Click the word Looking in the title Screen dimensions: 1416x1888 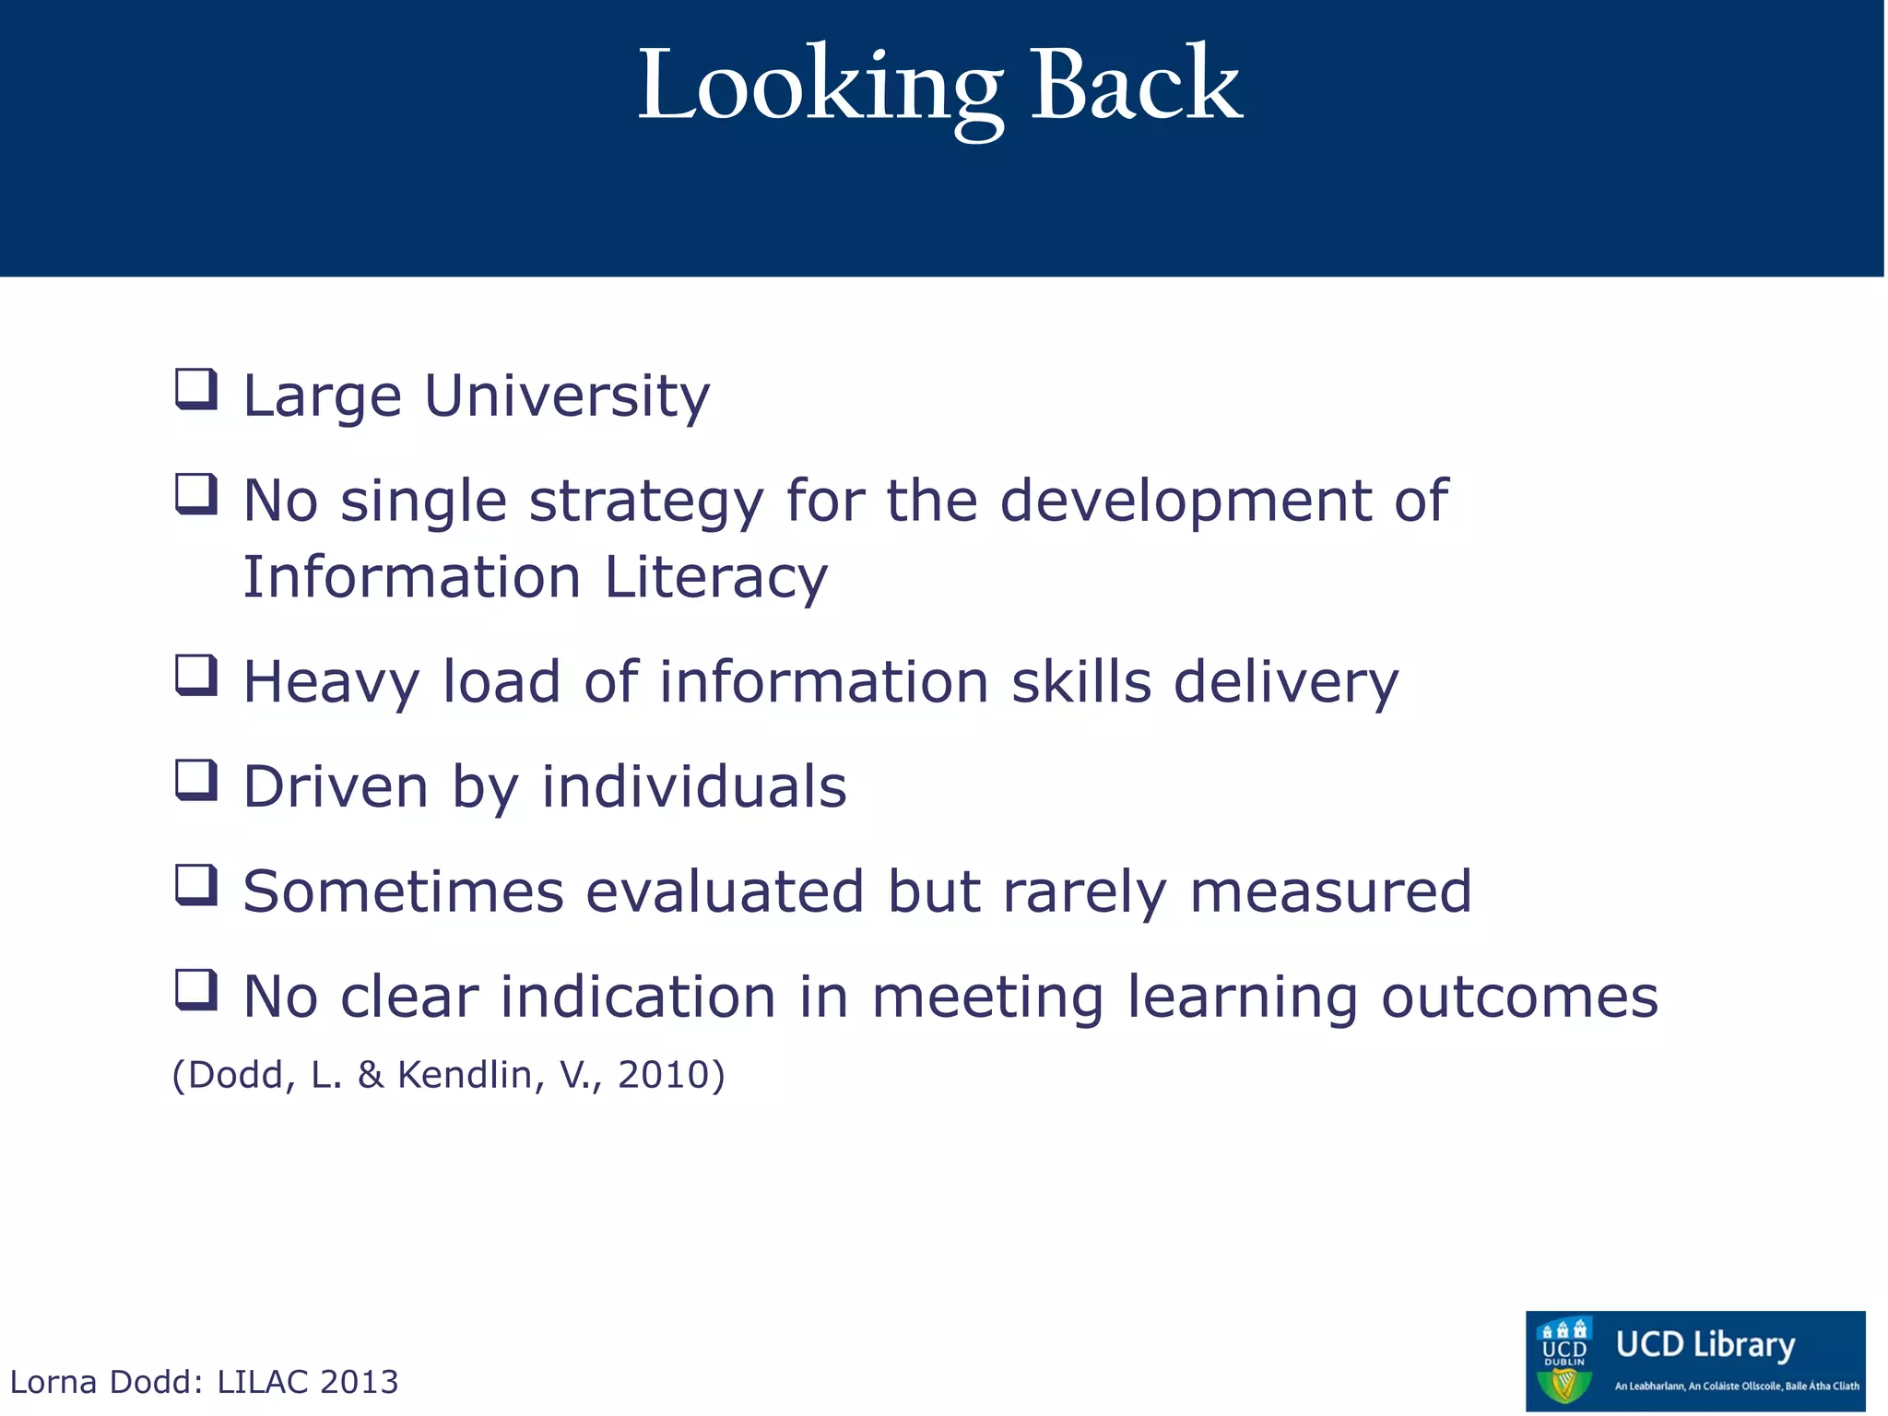point(820,88)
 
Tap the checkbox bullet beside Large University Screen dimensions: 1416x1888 point(196,389)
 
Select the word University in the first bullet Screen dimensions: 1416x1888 point(567,396)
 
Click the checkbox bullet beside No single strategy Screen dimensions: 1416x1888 point(196,494)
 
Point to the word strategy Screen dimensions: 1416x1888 point(645,502)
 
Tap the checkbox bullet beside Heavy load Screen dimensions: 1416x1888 point(196,675)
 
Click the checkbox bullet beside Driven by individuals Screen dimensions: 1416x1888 point(196,780)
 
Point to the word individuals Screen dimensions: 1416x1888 point(693,787)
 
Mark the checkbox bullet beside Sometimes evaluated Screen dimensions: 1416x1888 point(196,885)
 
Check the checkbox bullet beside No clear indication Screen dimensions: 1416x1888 point(196,990)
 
